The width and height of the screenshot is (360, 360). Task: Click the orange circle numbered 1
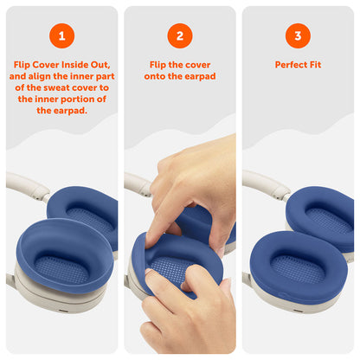pyautogui.click(x=61, y=35)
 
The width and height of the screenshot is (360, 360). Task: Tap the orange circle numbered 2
pyautogui.click(x=180, y=35)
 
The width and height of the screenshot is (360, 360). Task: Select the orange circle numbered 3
pyautogui.click(x=298, y=35)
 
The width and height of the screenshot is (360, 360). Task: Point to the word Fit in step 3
pyautogui.click(x=315, y=65)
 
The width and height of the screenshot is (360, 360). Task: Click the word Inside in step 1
pyautogui.click(x=74, y=65)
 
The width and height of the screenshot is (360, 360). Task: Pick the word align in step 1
pyautogui.click(x=40, y=76)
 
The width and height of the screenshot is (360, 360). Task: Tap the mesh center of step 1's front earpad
pyautogui.click(x=61, y=270)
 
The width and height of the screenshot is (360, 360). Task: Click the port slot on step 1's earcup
pyautogui.click(x=62, y=312)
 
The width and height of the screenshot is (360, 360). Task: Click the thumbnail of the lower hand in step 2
pyautogui.click(x=148, y=272)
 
